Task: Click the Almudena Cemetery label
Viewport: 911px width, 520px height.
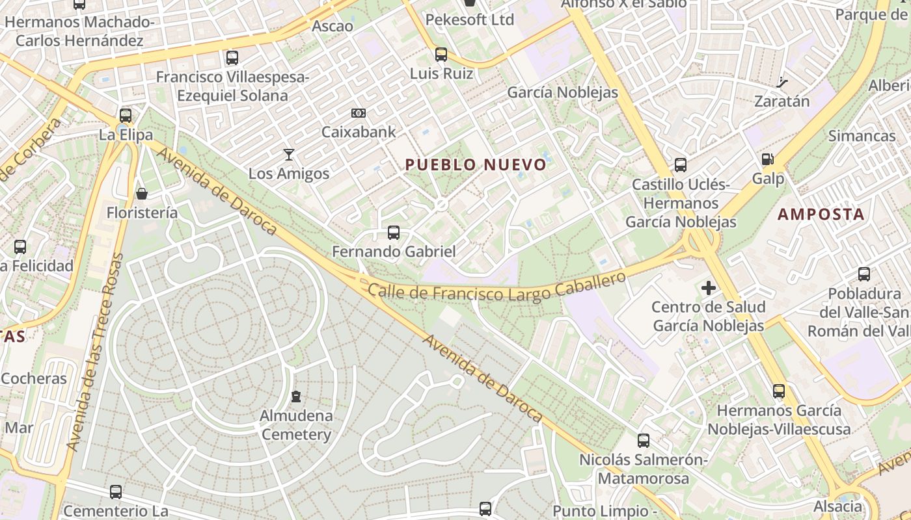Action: pos(296,425)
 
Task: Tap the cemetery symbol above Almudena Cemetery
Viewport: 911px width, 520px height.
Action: pos(296,396)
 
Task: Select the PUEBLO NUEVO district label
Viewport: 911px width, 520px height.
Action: pos(476,164)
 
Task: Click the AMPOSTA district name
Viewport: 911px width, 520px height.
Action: pos(821,214)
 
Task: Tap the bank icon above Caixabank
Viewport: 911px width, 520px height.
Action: pos(358,113)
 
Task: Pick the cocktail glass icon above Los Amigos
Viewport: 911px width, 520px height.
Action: pos(289,155)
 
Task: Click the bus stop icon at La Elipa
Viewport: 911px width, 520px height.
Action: pos(126,116)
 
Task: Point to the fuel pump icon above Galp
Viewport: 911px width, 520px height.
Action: pos(768,159)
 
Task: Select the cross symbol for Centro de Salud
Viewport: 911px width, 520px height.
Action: pos(709,287)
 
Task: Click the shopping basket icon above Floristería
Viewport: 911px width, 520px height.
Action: pos(142,194)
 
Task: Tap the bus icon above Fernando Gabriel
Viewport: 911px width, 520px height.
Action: pos(393,232)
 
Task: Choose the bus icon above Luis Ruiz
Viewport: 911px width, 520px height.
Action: pos(441,55)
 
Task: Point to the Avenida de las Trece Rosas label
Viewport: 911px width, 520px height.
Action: pos(95,352)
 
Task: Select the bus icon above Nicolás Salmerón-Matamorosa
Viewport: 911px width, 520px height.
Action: pos(644,441)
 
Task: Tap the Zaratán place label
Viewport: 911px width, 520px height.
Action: pos(782,101)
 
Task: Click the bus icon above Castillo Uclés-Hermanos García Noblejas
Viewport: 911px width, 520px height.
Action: pos(681,165)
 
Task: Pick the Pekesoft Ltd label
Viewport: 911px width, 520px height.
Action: pos(469,20)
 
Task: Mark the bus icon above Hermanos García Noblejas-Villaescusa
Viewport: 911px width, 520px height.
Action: pos(779,391)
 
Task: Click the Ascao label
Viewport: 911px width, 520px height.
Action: pos(333,27)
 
